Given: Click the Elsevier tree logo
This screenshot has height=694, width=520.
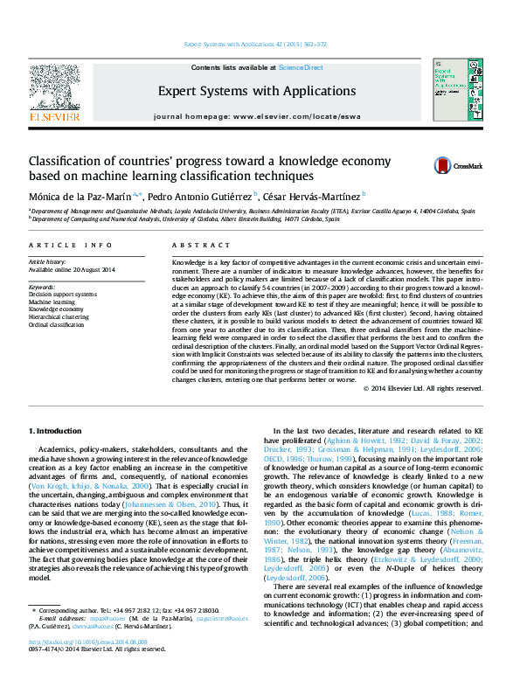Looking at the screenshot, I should coord(55,89).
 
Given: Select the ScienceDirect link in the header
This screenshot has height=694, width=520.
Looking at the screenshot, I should coord(301,67).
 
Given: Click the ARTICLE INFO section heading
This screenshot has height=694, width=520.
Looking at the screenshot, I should coord(70,246).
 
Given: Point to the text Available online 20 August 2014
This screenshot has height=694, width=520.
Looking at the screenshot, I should coord(73,269).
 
